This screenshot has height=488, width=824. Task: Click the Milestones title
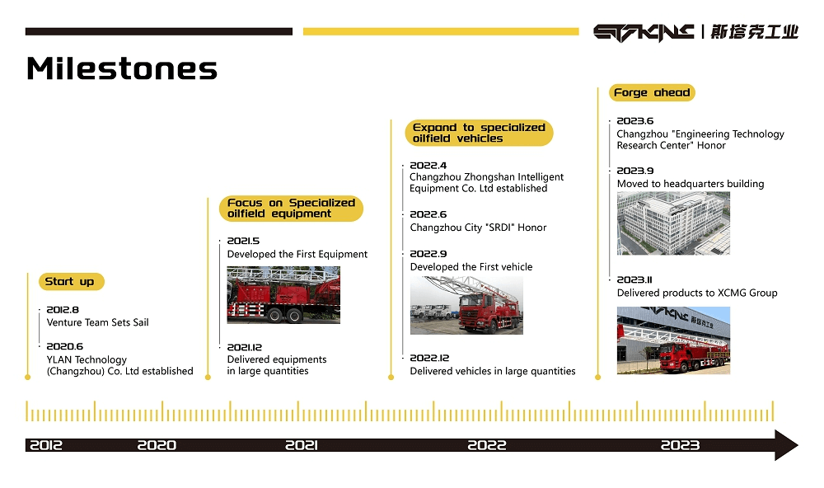(x=121, y=68)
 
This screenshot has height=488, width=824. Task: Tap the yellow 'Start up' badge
(x=72, y=282)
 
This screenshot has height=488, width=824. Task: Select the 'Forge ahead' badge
(x=652, y=92)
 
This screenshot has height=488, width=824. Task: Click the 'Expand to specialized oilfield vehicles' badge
(x=479, y=133)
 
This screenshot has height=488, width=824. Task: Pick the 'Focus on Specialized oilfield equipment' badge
(x=291, y=209)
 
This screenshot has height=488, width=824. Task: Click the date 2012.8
(x=63, y=310)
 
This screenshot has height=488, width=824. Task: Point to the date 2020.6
(x=64, y=346)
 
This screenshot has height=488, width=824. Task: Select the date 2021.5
(x=243, y=241)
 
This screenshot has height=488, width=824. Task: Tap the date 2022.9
(x=428, y=253)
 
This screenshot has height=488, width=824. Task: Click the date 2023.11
(x=634, y=279)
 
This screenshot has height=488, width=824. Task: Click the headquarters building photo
(x=673, y=223)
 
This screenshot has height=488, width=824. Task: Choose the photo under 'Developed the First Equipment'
(x=283, y=295)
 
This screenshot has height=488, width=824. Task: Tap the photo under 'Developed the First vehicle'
(x=466, y=306)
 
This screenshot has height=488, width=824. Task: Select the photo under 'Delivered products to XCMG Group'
(x=673, y=340)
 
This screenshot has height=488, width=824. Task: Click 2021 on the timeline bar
(x=302, y=445)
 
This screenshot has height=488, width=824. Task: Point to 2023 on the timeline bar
(x=680, y=445)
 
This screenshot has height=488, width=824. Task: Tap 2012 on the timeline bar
(x=45, y=445)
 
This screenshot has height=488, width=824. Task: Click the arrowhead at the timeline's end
(x=786, y=445)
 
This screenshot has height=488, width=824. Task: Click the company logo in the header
(x=695, y=32)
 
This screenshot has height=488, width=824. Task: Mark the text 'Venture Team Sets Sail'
(x=98, y=322)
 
